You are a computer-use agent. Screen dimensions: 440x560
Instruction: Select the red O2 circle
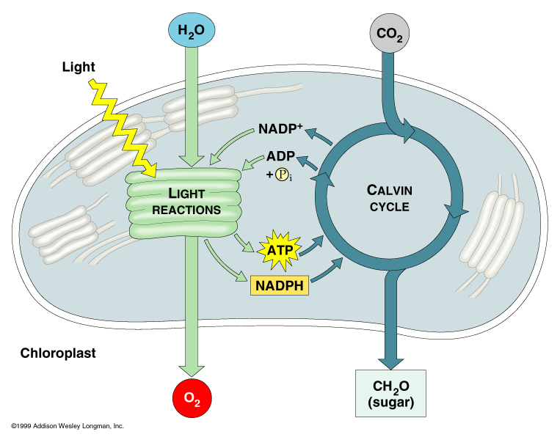191,399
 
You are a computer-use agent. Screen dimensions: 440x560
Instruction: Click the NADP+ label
280,130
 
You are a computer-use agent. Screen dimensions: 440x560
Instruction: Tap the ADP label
280,158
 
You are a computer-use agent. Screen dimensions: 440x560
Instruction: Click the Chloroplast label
58,353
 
